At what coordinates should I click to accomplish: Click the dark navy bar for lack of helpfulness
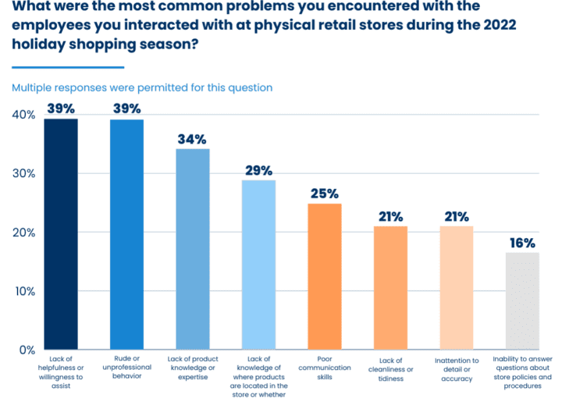pyautogui.click(x=60, y=234)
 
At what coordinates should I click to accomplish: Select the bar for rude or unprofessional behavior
pyautogui.click(x=126, y=234)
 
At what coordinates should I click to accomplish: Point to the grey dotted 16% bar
pyautogui.click(x=522, y=300)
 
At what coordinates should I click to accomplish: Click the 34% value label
pyautogui.click(x=192, y=140)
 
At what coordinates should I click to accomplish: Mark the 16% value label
pyautogui.click(x=523, y=243)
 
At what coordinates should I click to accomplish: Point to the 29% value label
pyautogui.click(x=258, y=170)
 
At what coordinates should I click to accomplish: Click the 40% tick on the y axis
pyautogui.click(x=23, y=115)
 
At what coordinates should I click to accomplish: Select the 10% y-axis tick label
pyautogui.click(x=23, y=291)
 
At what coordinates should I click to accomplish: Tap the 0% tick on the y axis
pyautogui.click(x=27, y=350)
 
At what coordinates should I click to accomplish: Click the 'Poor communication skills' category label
pyautogui.click(x=325, y=368)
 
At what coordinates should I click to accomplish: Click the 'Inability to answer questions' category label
pyautogui.click(x=523, y=372)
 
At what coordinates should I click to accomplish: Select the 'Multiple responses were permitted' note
pyautogui.click(x=141, y=87)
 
